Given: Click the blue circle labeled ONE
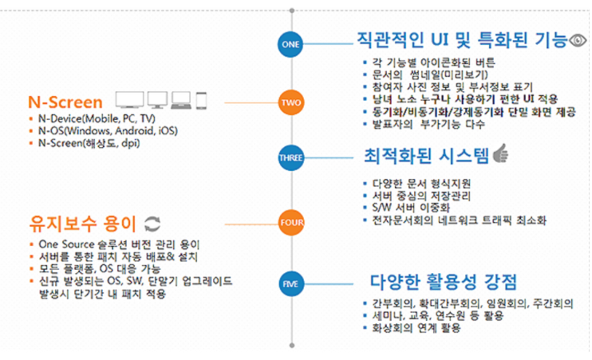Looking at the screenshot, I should tap(290, 44).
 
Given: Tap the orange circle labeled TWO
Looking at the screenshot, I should tap(291, 102).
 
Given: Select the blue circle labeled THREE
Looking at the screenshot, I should tap(290, 157).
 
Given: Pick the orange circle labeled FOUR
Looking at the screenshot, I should tap(291, 223).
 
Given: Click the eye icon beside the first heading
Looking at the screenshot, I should tap(578, 40).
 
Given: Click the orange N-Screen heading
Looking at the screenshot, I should tap(65, 102).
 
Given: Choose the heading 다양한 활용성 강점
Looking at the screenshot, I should tap(443, 281).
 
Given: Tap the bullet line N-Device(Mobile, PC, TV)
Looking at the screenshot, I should tap(97, 118).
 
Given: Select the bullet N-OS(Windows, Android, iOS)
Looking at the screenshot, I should tap(108, 130).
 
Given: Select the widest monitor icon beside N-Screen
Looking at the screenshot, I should tap(130, 100).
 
